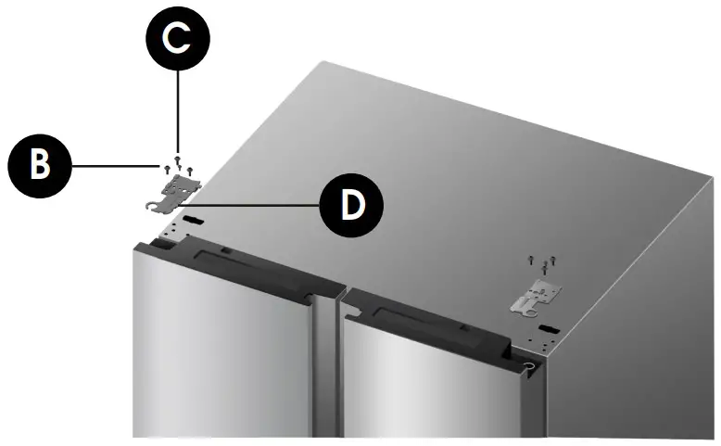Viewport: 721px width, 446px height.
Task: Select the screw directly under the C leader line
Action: (178, 163)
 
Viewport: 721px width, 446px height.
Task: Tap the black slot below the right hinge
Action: (548, 327)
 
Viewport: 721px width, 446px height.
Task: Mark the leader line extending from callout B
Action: (111, 166)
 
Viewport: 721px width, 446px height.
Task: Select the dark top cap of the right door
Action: (436, 315)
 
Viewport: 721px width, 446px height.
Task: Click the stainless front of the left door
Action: (222, 362)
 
